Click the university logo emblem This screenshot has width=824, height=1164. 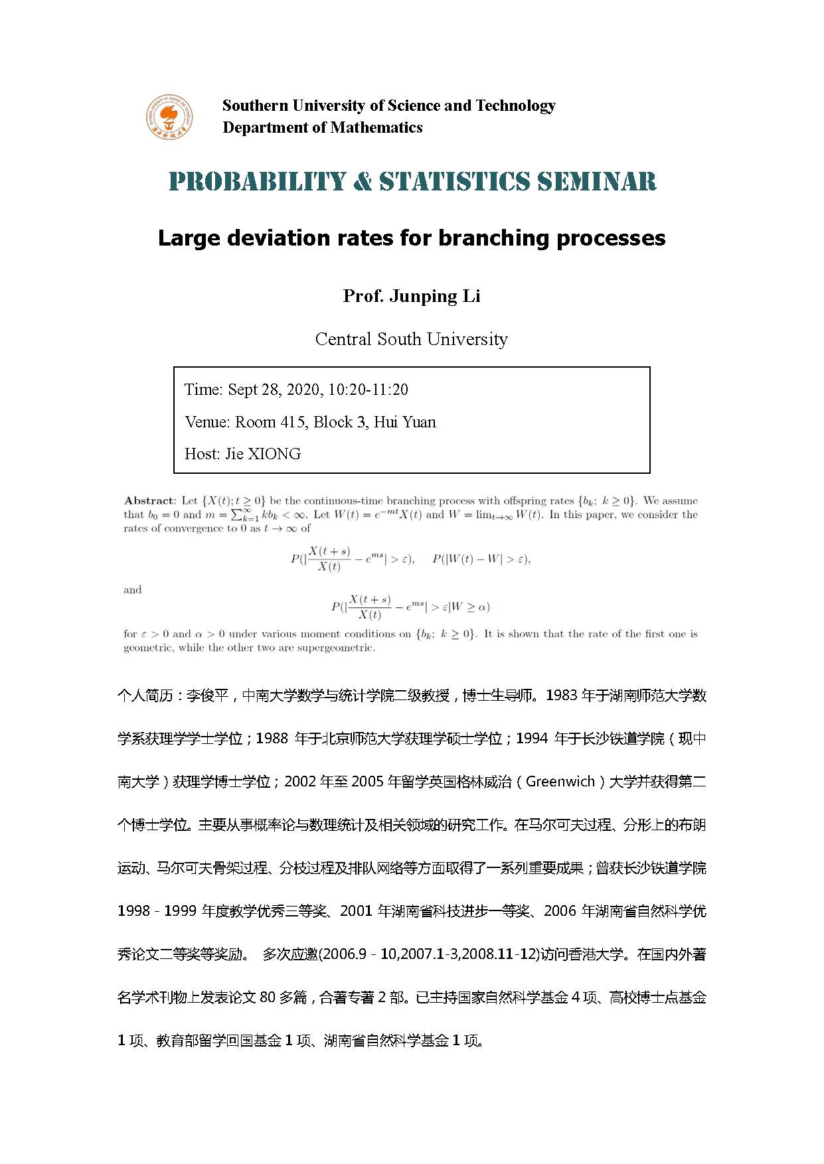[x=170, y=117]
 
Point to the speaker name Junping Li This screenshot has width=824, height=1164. [x=435, y=296]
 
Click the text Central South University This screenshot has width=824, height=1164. [x=411, y=339]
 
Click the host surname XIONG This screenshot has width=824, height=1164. [x=274, y=454]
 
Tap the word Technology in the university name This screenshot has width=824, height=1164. [x=515, y=106]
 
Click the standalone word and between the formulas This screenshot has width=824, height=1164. [x=133, y=590]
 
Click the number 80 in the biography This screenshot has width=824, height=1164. [x=268, y=997]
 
